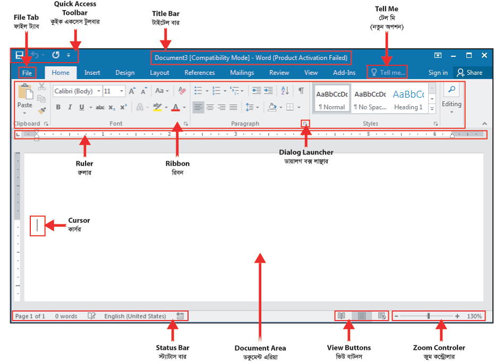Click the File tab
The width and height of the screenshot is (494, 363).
[27, 73]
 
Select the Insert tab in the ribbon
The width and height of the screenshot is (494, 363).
[92, 73]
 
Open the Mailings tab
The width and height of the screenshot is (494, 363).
[242, 73]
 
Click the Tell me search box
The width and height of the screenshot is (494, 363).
[387, 72]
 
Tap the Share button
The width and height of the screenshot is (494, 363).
[470, 73]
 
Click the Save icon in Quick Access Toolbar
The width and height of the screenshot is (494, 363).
[19, 55]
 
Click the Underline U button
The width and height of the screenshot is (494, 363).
[82, 107]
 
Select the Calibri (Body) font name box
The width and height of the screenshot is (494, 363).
[77, 91]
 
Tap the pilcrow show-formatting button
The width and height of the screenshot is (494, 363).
[301, 91]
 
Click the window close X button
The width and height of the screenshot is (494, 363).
[484, 55]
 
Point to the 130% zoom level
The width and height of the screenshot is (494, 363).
[474, 316]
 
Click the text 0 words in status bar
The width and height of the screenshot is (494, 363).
[66, 316]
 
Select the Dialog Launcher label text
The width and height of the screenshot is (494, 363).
[306, 152]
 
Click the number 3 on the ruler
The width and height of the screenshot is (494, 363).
[235, 134]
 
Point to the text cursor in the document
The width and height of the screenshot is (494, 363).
[38, 226]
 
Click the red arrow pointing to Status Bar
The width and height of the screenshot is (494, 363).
[173, 330]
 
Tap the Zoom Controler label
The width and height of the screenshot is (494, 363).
[439, 348]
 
